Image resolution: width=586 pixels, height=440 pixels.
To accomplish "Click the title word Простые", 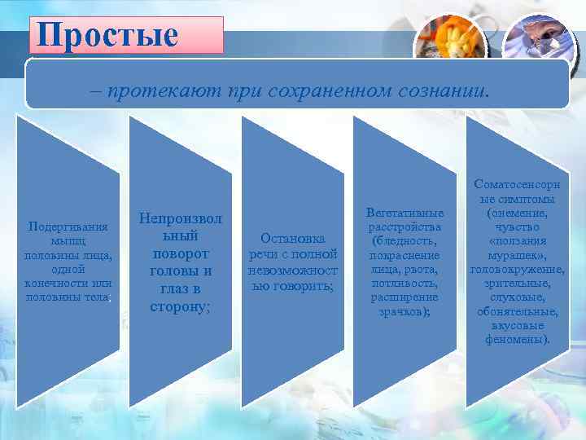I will click(107, 35).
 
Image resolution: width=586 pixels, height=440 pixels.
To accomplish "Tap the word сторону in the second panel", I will click(180, 307).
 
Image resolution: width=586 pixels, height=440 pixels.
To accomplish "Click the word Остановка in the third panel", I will click(293, 238).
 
